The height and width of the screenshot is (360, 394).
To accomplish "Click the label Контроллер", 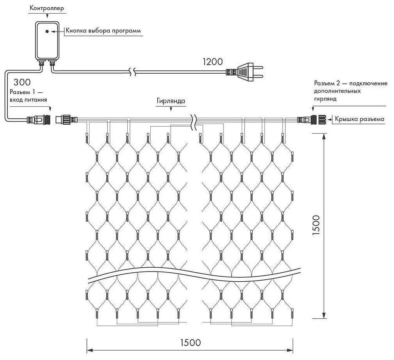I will pos(47,8).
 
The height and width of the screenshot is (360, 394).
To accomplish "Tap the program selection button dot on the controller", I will pos(47,31).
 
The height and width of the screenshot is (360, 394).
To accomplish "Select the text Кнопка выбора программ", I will pos(103,31).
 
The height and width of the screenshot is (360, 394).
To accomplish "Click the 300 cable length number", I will pos(22,83).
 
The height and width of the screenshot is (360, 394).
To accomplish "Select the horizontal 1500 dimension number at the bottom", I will pos(190,342).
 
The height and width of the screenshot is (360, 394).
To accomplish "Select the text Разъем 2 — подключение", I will pos(350,84).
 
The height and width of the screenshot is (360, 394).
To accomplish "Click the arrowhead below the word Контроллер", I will pos(47,16).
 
